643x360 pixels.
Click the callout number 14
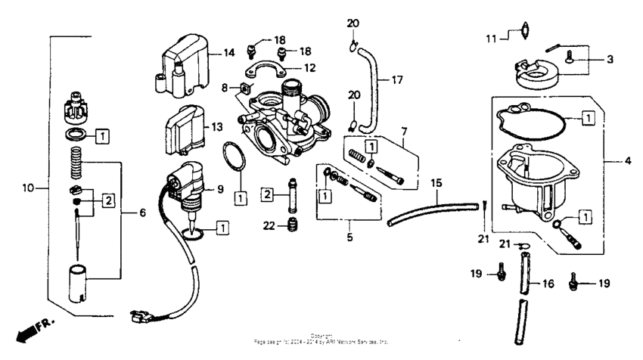coord(230,52)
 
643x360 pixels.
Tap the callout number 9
coord(221,188)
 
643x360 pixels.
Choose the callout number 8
coord(224,88)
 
